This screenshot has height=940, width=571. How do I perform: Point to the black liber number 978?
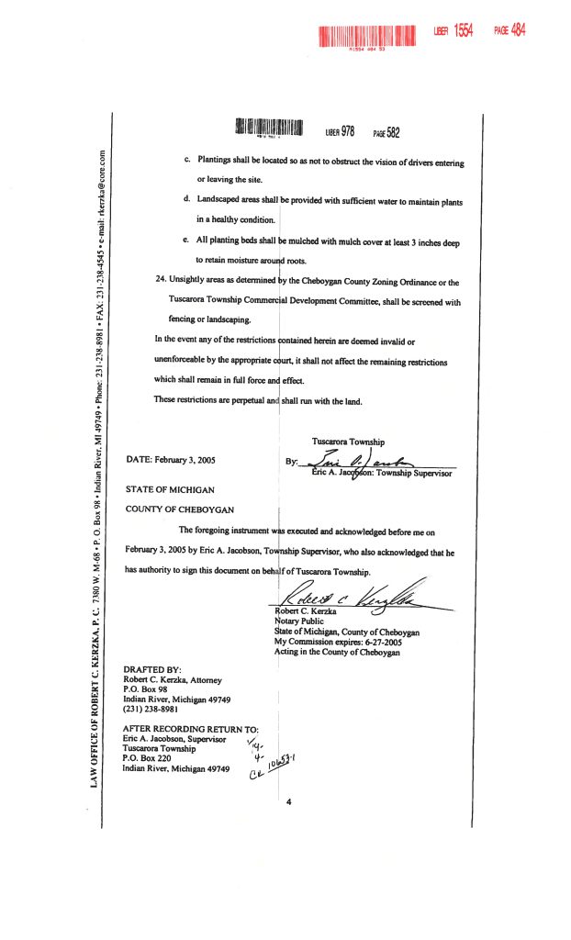pyautogui.click(x=347, y=131)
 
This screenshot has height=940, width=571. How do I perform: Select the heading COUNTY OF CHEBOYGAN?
pyautogui.click(x=179, y=509)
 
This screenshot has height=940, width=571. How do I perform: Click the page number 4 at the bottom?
pyautogui.click(x=288, y=801)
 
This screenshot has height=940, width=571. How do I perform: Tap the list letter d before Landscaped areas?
pyautogui.click(x=186, y=200)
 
